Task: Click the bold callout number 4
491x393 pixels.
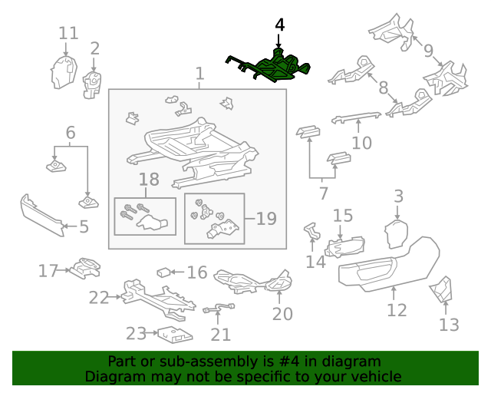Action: [x=279, y=25]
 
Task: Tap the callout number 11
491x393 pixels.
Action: [x=68, y=33]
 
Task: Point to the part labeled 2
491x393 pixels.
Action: [x=92, y=85]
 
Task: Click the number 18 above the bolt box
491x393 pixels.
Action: [x=149, y=180]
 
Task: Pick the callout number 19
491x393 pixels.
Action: [x=266, y=219]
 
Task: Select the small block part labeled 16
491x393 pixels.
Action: [x=163, y=272]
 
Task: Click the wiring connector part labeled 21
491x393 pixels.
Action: [x=219, y=308]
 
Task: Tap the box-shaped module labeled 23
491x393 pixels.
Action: [x=175, y=335]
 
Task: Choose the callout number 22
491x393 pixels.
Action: [x=99, y=297]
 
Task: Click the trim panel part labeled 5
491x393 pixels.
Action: [x=42, y=216]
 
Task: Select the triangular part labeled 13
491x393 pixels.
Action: [x=441, y=289]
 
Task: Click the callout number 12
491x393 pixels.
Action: [x=397, y=310]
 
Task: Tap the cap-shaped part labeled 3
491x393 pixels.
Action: [x=396, y=234]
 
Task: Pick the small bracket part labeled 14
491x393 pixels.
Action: [x=312, y=231]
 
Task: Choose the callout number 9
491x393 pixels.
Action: [x=428, y=51]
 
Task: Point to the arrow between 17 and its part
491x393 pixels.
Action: [x=64, y=270]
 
